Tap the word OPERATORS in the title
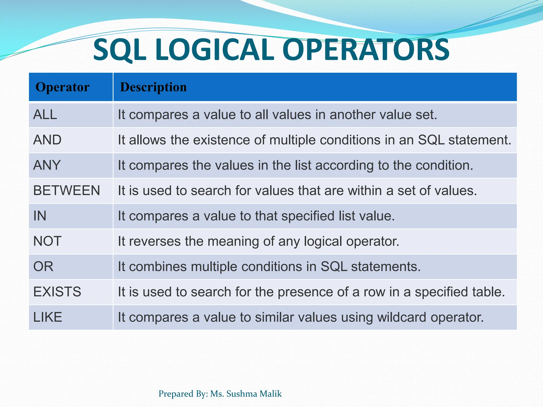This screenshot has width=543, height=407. [366, 50]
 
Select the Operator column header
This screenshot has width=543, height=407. [63, 87]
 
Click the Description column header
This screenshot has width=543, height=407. [153, 87]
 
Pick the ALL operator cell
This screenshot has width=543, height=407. [45, 115]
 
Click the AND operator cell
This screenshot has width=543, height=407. [47, 140]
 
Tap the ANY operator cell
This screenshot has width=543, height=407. [47, 165]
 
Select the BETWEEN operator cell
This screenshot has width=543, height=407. [67, 191]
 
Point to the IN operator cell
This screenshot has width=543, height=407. [40, 216]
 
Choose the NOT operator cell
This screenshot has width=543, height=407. [47, 241]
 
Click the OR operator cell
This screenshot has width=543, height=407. [43, 267]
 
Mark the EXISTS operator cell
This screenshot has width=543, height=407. [57, 292]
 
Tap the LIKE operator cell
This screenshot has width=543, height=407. [47, 317]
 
